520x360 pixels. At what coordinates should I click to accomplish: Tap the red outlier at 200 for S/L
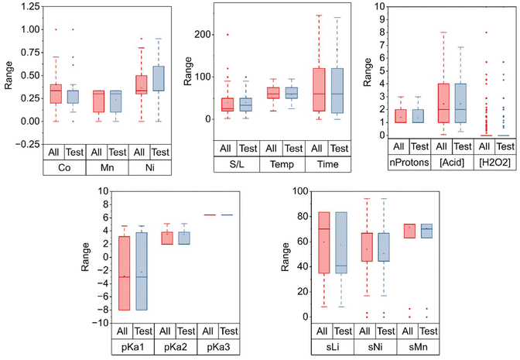(227, 35)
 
